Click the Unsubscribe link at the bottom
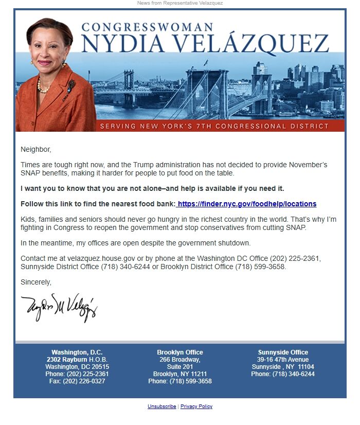tap(161, 406)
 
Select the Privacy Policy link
tap(196, 406)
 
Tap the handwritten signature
tap(59, 307)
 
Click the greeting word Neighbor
tap(36, 150)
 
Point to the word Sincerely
tap(36, 282)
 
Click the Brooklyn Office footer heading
tap(179, 352)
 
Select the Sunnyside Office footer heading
tap(282, 352)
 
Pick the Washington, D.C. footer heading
tap(77, 352)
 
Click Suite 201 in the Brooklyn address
tap(179, 367)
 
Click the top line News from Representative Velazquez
tap(179, 3)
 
